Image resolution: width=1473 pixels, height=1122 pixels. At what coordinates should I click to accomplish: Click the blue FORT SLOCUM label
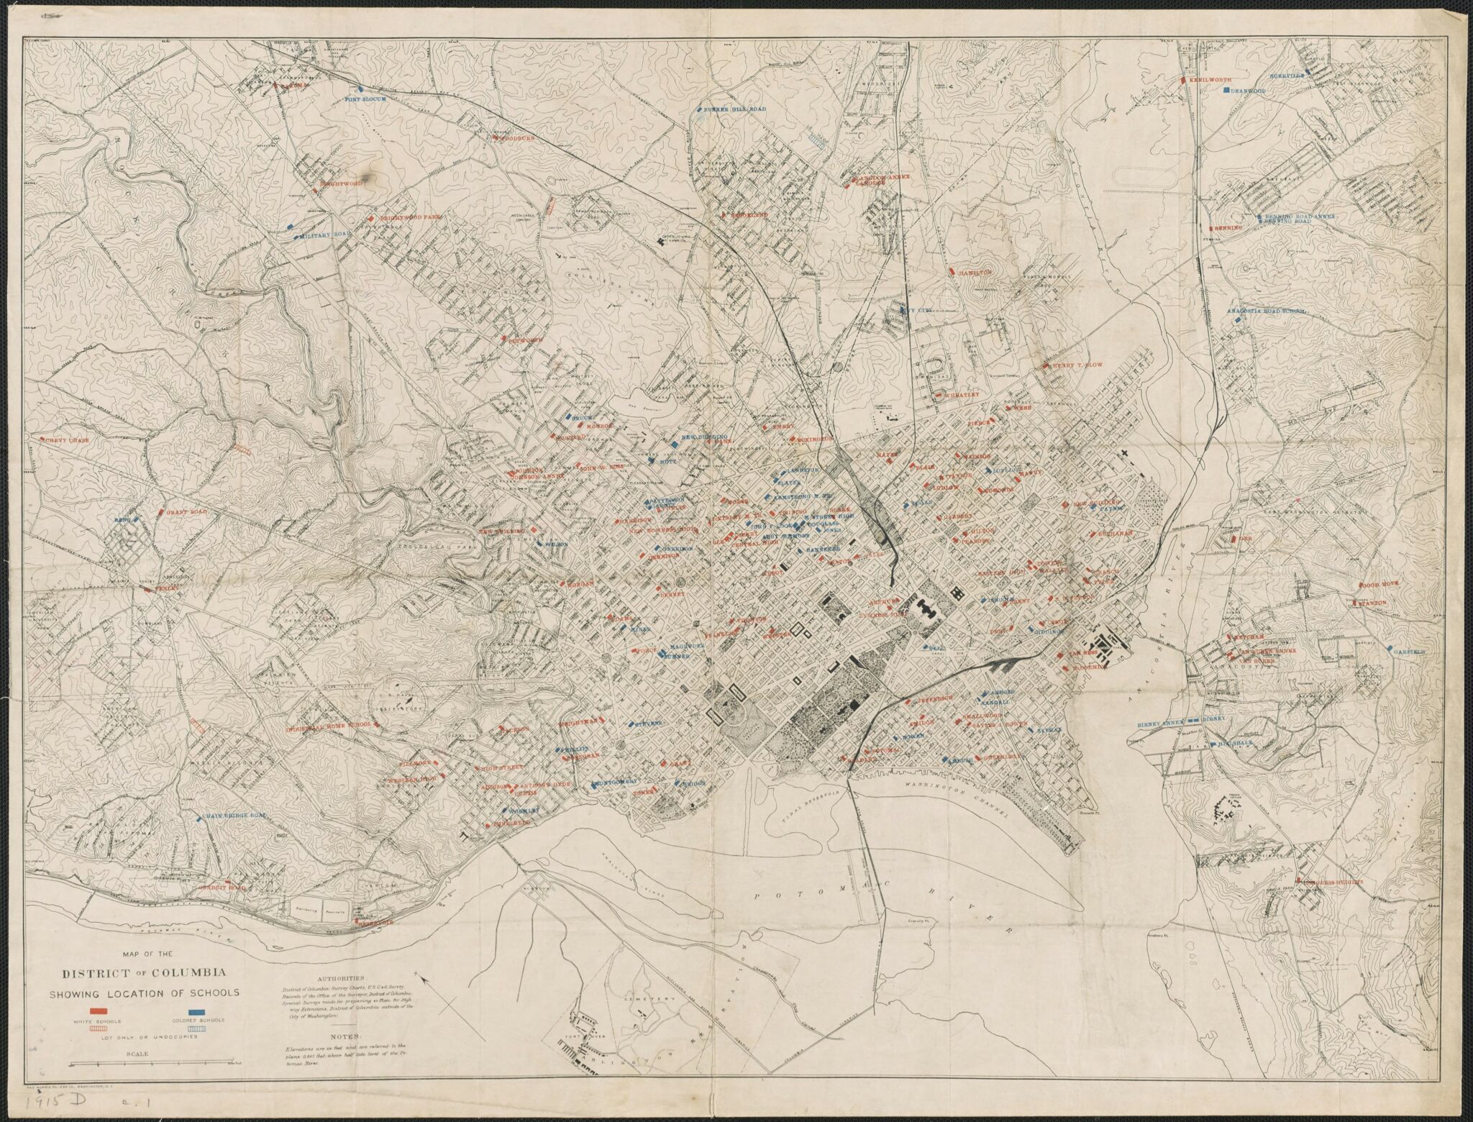click(367, 99)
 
